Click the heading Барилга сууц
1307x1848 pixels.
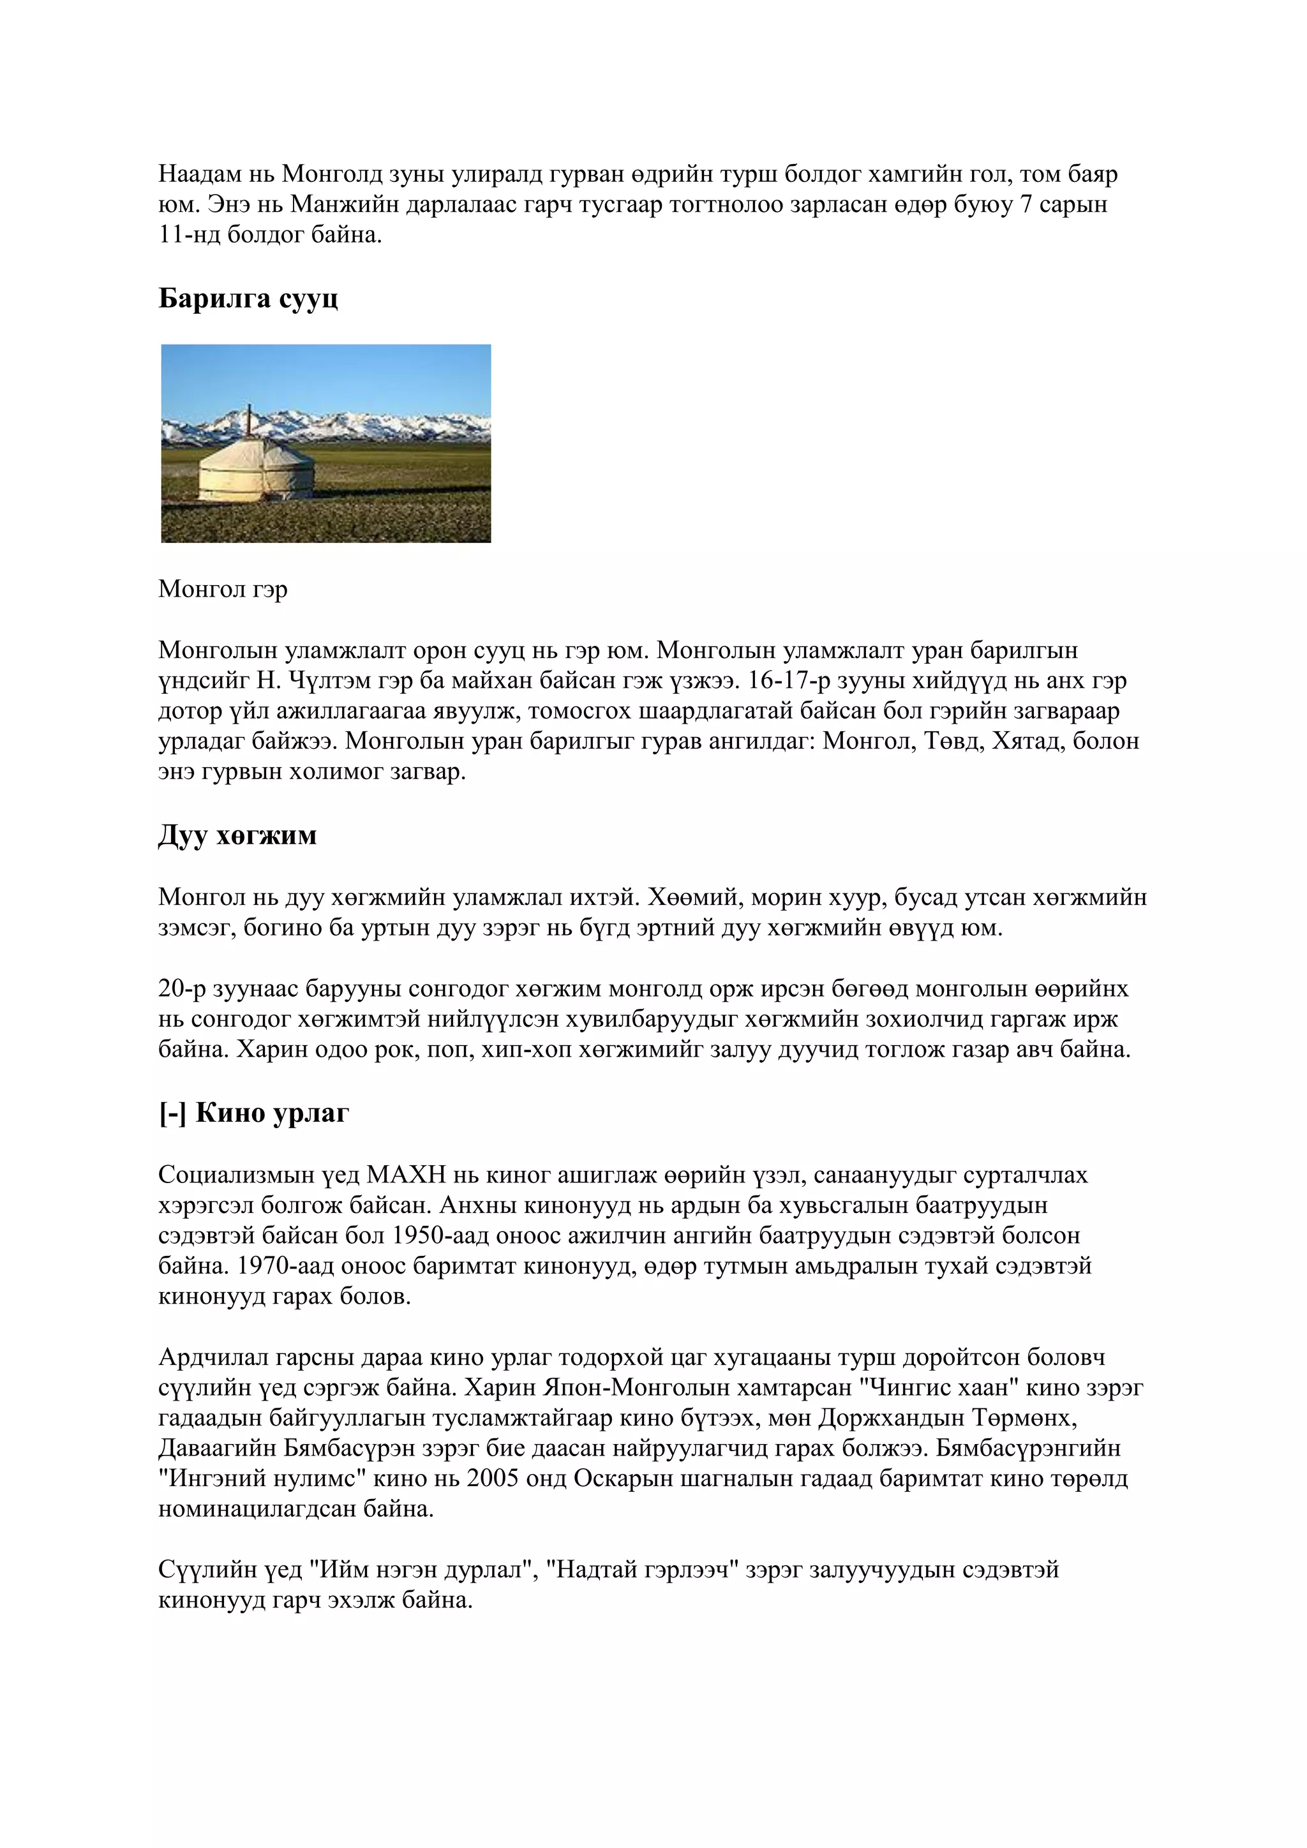pyautogui.click(x=248, y=299)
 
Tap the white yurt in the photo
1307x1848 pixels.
pyautogui.click(x=256, y=470)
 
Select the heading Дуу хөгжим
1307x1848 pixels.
pyautogui.click(x=237, y=835)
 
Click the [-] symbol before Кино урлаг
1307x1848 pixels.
pyautogui.click(x=172, y=1113)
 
